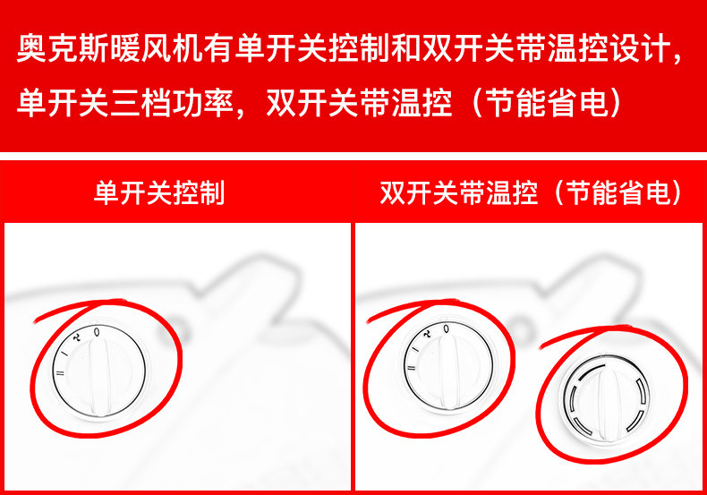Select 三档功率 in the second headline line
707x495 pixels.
click(172, 103)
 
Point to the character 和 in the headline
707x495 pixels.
click(405, 47)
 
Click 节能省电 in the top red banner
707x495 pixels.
click(548, 103)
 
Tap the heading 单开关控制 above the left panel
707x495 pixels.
click(159, 193)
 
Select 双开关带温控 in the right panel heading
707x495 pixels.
click(458, 193)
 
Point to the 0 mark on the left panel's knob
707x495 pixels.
click(97, 332)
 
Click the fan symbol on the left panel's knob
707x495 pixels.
click(78, 337)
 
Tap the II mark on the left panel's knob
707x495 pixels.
click(60, 372)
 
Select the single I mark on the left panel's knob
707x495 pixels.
click(66, 353)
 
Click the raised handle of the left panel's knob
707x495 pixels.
click(100, 377)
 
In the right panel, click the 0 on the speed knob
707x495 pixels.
click(446, 329)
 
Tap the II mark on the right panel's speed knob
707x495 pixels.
click(410, 367)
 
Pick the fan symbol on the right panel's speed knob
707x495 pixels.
click(427, 334)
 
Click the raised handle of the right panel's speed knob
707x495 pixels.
click(449, 372)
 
